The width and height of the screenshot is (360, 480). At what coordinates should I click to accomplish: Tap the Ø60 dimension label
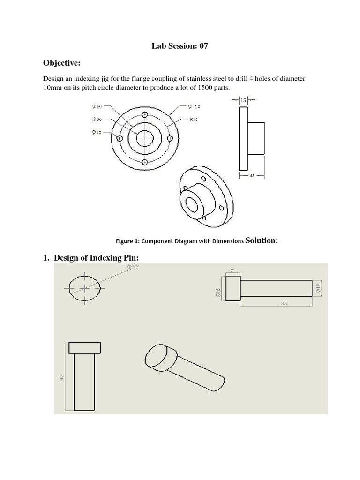click(97, 106)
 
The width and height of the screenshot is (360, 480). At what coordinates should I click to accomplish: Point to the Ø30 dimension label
click(97, 119)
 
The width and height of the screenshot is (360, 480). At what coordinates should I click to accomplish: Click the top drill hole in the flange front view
click(145, 114)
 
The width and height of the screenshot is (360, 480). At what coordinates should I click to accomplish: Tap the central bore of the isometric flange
click(193, 204)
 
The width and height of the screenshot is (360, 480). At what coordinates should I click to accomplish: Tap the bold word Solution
click(262, 240)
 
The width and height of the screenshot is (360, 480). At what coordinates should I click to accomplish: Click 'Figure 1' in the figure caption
click(127, 241)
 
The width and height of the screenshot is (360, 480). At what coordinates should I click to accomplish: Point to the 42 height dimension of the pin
click(62, 377)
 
